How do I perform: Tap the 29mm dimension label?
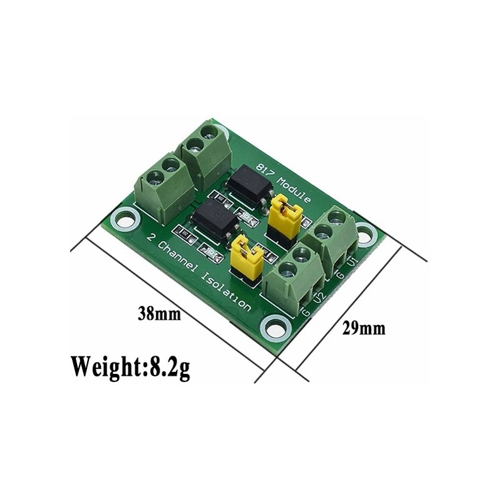click(x=364, y=328)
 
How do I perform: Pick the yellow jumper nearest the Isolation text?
click(x=245, y=257)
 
